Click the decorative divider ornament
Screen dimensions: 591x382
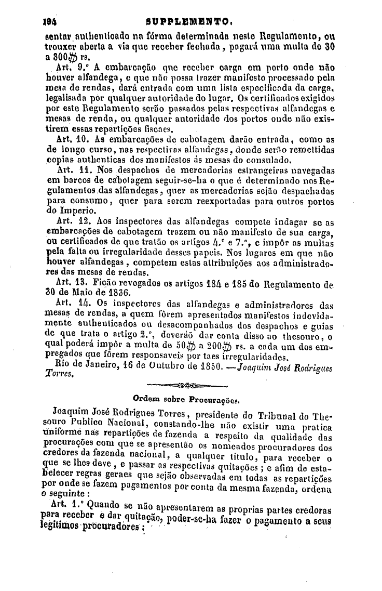pos(188,386)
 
